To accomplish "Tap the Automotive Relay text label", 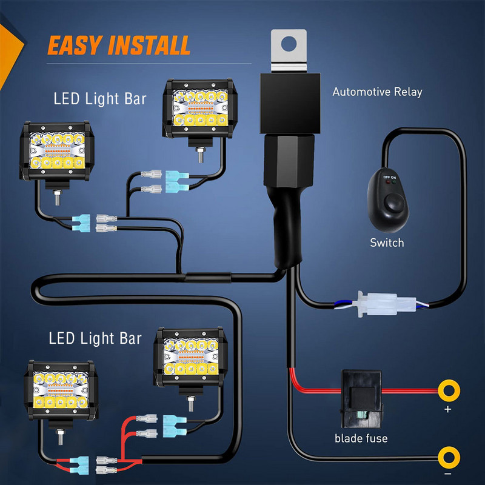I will pyautogui.click(x=377, y=92).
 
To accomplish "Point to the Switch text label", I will pyautogui.click(x=387, y=243).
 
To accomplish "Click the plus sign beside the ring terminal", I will pyautogui.click(x=448, y=410).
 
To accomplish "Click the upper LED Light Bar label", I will pyautogui.click(x=100, y=98).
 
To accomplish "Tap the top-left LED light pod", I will pyautogui.click(x=56, y=152).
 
